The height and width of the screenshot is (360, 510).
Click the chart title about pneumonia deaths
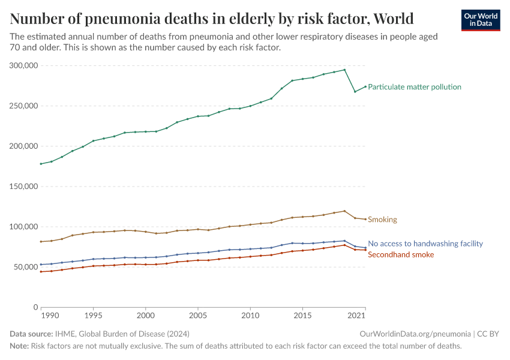(x=212, y=17)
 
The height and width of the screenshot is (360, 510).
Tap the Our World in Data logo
(x=480, y=20)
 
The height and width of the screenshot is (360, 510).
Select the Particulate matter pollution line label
(x=414, y=87)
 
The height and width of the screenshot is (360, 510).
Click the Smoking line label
(x=382, y=220)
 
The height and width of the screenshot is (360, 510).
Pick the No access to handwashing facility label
(x=425, y=244)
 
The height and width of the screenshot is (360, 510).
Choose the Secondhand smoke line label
(x=400, y=255)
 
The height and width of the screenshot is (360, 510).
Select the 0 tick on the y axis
(x=36, y=307)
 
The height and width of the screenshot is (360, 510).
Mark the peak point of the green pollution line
(x=344, y=70)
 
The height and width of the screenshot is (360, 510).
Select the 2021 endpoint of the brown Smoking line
(x=365, y=219)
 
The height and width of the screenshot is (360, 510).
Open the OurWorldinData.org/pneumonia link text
(x=415, y=334)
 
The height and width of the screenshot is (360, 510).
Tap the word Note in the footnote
(x=19, y=346)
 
